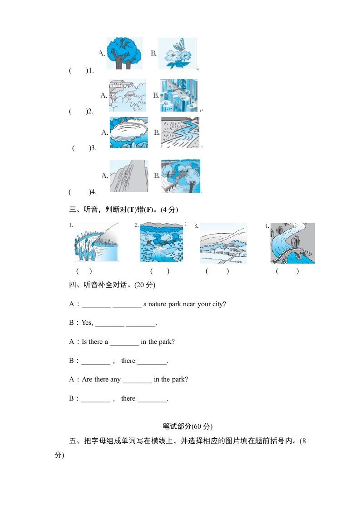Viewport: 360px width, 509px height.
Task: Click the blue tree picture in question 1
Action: click(x=123, y=53)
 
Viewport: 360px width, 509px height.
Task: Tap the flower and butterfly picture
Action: click(x=177, y=53)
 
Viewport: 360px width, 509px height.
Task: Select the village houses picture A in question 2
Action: click(x=128, y=95)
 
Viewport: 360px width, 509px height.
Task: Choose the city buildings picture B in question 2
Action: click(x=179, y=95)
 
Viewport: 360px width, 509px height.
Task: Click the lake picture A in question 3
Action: click(x=128, y=132)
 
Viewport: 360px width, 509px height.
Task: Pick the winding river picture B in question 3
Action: click(x=180, y=132)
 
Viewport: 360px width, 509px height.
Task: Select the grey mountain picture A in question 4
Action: click(x=128, y=176)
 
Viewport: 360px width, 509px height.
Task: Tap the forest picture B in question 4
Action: click(x=181, y=176)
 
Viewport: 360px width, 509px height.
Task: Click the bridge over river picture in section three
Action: click(x=293, y=243)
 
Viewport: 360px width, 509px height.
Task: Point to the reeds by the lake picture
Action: click(x=96, y=243)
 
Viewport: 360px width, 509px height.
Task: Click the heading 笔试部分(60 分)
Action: click(x=187, y=426)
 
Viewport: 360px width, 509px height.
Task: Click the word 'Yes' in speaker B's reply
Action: click(x=87, y=323)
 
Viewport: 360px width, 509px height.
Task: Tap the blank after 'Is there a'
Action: click(x=124, y=342)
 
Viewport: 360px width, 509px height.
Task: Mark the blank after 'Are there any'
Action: click(x=137, y=380)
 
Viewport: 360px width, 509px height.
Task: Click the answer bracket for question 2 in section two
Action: click(x=78, y=111)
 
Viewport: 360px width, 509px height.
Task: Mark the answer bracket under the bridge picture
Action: click(x=287, y=271)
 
